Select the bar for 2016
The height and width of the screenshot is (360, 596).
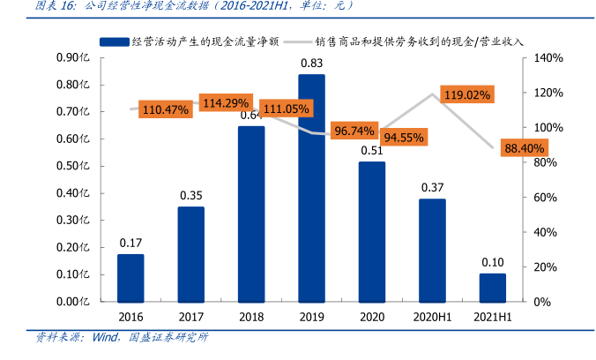130,278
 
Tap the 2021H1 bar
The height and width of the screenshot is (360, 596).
493,288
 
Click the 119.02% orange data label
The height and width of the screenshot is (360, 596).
466,94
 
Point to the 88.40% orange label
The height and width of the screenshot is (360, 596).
525,148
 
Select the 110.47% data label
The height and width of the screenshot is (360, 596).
165,109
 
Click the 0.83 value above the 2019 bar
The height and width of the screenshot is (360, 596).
311,64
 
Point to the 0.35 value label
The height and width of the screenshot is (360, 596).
190,195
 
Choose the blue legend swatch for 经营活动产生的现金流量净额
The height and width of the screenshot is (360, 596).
114,41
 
